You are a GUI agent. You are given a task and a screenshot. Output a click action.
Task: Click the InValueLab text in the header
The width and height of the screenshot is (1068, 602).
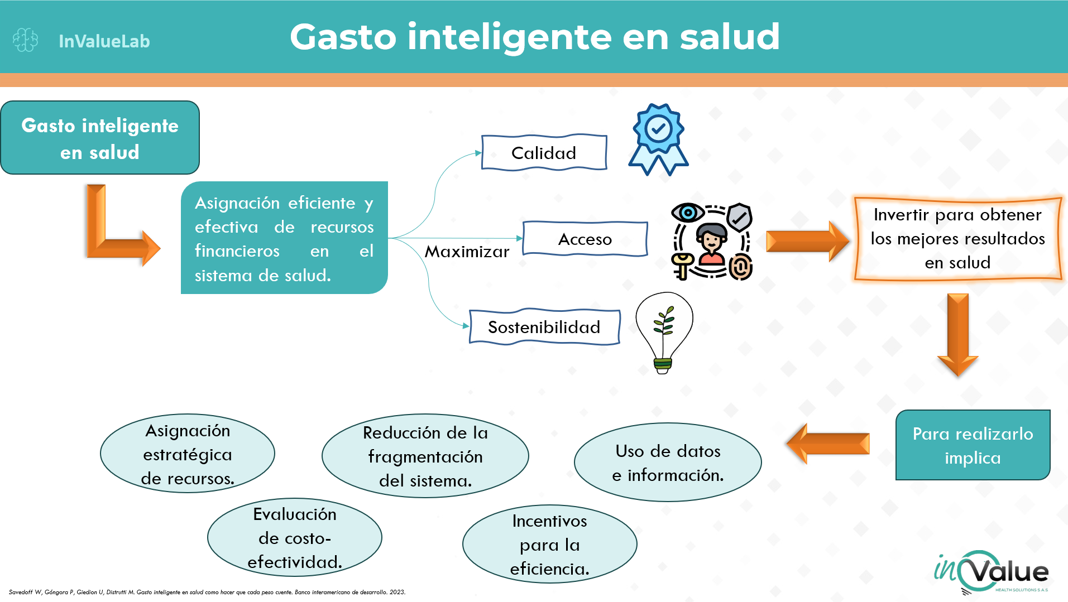click(104, 41)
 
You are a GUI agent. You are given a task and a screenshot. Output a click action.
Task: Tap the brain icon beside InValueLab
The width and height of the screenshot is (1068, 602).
click(25, 40)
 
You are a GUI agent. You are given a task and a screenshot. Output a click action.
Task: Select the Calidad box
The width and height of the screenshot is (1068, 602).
click(544, 152)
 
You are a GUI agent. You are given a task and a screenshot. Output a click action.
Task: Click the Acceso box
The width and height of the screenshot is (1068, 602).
click(585, 239)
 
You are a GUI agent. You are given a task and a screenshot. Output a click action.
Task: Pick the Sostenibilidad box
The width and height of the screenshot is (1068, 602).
click(544, 327)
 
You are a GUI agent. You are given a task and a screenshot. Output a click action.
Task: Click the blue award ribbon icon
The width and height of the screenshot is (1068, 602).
click(659, 139)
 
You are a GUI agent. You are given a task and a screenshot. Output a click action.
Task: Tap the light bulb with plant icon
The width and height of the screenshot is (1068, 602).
click(664, 333)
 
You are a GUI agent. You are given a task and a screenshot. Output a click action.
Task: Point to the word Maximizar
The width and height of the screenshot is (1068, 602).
click(467, 252)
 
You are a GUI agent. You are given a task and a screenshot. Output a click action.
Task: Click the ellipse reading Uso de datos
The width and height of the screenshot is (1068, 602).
click(668, 463)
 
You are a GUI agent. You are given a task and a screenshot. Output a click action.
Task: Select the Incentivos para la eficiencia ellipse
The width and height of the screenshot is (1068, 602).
click(550, 545)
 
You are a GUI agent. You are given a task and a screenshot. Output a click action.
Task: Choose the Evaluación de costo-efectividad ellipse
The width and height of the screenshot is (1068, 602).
click(295, 537)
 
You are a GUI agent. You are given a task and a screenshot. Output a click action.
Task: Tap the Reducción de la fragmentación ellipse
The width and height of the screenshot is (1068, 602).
click(425, 456)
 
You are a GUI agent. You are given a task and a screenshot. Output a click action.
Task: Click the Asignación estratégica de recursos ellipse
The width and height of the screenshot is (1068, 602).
click(188, 454)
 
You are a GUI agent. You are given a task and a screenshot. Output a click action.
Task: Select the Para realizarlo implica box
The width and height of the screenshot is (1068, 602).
click(973, 445)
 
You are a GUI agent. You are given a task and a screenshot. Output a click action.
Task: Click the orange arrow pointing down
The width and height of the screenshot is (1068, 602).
click(958, 335)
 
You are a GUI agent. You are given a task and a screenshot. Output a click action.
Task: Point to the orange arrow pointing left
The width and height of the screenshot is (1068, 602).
click(828, 444)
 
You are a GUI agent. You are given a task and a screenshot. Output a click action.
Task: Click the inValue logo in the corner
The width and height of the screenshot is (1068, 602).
click(992, 572)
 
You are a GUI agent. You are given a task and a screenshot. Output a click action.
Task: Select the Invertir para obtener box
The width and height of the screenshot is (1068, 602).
click(958, 239)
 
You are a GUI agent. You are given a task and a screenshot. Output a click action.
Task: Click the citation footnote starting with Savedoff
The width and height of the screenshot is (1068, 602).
click(207, 592)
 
